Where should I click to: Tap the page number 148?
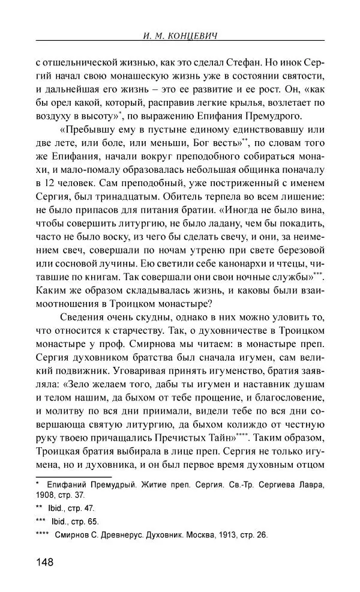[46, 562]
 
